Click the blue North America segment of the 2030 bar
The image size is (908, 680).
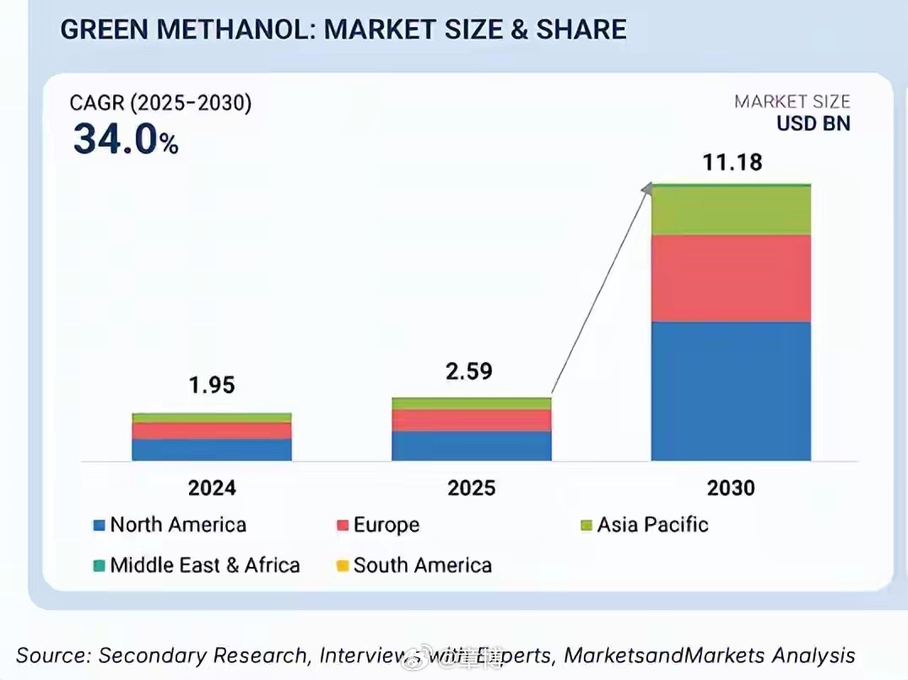731,391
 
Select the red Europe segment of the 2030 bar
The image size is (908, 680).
731,278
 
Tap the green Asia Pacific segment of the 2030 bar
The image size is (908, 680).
731,210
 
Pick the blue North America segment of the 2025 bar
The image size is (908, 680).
471,445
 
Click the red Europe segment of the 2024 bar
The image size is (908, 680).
212,430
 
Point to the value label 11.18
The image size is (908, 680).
732,162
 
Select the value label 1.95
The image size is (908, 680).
212,386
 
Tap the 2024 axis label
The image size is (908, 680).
212,488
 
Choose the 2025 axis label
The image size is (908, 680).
472,488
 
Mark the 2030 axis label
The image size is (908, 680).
731,488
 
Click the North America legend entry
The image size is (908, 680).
169,525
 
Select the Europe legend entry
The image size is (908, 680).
377,525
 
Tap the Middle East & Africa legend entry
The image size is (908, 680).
196,564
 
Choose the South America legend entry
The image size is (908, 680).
413,564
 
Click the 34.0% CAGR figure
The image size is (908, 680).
126,139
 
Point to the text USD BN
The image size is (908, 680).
813,123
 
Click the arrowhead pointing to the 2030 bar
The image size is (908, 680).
647,188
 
